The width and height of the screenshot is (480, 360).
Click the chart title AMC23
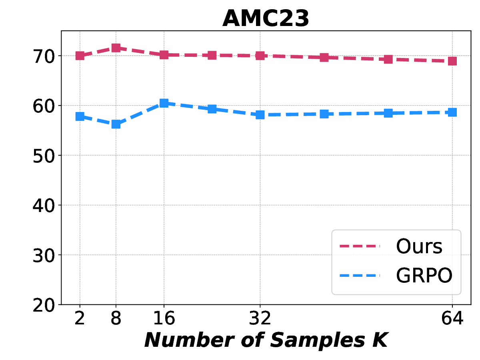(266, 18)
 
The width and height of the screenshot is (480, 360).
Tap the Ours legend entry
(419, 246)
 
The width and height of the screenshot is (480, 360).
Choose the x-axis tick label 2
(80, 319)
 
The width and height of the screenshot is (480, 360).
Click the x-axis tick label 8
(116, 319)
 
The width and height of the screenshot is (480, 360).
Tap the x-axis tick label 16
(164, 319)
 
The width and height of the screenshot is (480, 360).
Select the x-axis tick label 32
(260, 319)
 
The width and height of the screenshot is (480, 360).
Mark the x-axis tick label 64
(452, 319)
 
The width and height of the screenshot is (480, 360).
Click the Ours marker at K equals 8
(116, 48)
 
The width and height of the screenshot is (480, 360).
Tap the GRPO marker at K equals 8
(116, 124)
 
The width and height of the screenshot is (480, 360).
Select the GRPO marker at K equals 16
(164, 103)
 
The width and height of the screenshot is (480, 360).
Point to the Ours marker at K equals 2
(80, 56)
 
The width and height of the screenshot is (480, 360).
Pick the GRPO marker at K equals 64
(452, 112)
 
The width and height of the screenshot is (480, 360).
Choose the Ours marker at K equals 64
(452, 61)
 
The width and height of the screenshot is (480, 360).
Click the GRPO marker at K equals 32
(260, 115)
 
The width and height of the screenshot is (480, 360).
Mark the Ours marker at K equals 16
(164, 55)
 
